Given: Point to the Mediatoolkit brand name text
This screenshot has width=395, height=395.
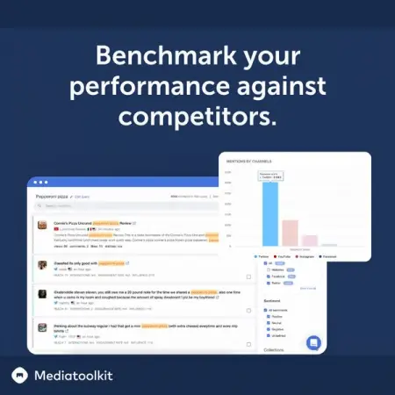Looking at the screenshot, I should pyautogui.click(x=74, y=376).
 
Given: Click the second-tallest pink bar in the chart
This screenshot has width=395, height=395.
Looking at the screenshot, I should pyautogui.click(x=291, y=233).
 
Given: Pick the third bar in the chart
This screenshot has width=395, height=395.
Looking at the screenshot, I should pyautogui.click(x=310, y=241).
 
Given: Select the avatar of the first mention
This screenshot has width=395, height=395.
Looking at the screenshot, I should pyautogui.click(x=42, y=225).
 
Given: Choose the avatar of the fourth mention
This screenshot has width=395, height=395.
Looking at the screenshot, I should pyautogui.click(x=42, y=327).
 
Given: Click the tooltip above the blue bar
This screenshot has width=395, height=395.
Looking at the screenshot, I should pyautogui.click(x=270, y=176).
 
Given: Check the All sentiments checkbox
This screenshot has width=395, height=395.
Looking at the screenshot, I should pyautogui.click(x=267, y=310).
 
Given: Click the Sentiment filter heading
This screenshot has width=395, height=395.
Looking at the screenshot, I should pyautogui.click(x=272, y=301).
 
